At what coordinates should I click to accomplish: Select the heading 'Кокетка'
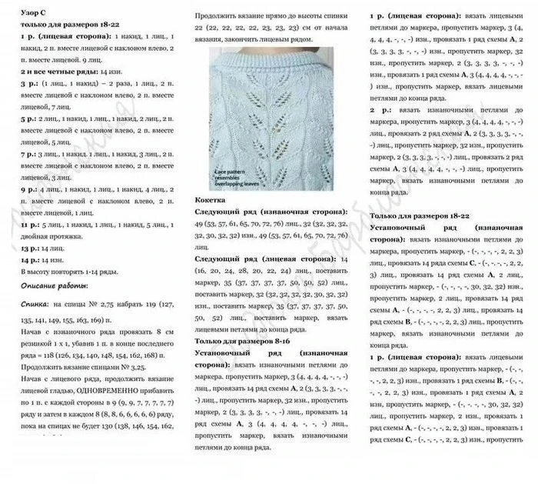coord(211,199)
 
